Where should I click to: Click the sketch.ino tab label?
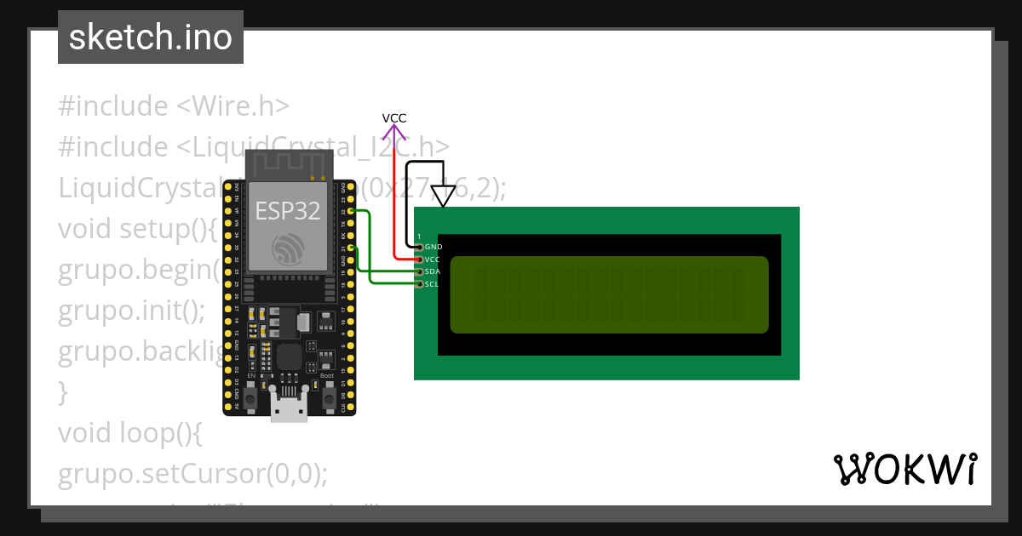[x=151, y=37]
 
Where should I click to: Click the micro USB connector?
[x=290, y=408]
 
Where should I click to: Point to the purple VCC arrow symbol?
[x=393, y=132]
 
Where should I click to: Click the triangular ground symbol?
[x=443, y=197]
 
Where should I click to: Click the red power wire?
[x=394, y=204]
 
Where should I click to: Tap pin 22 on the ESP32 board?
[x=351, y=210]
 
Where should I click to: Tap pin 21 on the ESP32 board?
[x=351, y=248]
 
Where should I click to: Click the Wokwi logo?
[x=904, y=469]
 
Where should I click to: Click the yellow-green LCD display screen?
[x=609, y=294]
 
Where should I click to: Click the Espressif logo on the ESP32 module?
[x=287, y=249]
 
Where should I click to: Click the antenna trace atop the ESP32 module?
[x=288, y=163]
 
